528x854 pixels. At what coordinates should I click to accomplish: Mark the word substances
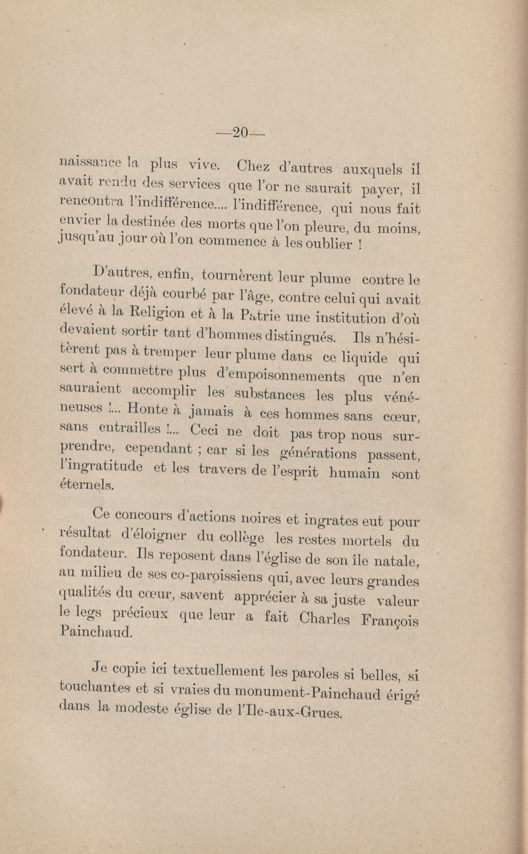coord(270,395)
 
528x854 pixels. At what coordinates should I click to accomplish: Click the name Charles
coord(324,618)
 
